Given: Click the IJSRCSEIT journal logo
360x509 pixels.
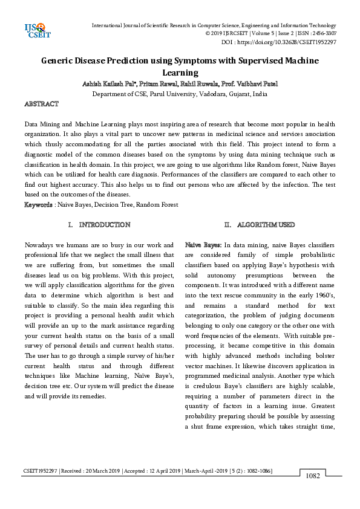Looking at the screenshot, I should coord(35,30).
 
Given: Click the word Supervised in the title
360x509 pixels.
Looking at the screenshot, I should coord(257,60).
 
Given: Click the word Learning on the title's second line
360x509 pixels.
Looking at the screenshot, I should coord(180,72).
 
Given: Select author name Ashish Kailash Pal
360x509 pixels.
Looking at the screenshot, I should coord(108,83).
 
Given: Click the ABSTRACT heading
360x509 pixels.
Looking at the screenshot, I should coord(41,105).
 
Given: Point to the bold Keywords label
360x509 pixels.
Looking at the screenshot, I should coord(38,205).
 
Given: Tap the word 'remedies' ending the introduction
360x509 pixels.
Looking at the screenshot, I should coord(94,397).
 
